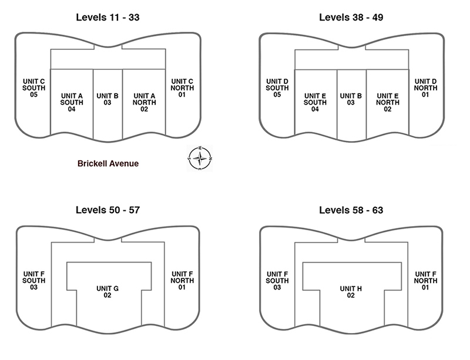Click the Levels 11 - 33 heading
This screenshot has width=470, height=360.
(108, 18)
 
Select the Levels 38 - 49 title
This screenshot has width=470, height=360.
(351, 18)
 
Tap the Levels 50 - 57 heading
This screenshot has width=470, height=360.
(108, 210)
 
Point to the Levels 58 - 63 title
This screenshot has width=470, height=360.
(351, 210)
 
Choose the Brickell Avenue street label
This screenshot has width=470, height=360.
(108, 163)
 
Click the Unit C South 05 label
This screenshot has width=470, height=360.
(33, 88)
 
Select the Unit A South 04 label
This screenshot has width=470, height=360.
(72, 102)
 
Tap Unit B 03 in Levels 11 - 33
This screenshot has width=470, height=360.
(108, 99)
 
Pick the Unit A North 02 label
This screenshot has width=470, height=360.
(144, 102)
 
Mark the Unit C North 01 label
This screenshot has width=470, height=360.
(182, 88)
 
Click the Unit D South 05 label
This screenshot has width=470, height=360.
(277, 88)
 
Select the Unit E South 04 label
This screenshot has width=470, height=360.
(315, 102)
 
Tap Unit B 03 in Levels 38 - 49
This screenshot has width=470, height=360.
(351, 99)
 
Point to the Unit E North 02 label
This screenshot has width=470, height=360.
(388, 102)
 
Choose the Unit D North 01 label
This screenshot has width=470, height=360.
(425, 88)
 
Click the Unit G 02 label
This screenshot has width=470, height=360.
(108, 292)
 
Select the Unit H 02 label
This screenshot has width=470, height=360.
(351, 292)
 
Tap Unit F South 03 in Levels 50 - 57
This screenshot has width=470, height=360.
(34, 280)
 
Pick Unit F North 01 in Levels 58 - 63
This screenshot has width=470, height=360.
(425, 280)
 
